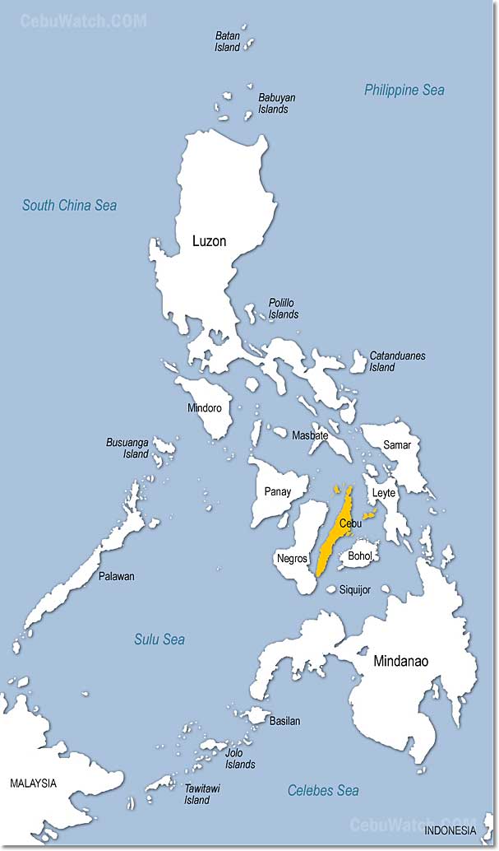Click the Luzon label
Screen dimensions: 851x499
tap(209, 241)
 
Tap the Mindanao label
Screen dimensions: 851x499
tap(400, 661)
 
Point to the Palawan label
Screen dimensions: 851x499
tap(116, 576)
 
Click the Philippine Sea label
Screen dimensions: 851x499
tap(404, 90)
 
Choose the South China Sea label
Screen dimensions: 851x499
tap(69, 205)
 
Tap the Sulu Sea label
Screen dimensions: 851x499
tap(159, 639)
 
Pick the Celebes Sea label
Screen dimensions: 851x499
tap(323, 790)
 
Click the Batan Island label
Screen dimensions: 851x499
tap(228, 41)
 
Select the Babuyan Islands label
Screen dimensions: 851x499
tap(277, 103)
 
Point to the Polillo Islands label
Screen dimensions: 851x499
tap(284, 309)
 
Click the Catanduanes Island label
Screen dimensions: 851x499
tap(397, 361)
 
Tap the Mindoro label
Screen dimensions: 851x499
tap(205, 407)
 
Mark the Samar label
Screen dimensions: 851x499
tap(397, 444)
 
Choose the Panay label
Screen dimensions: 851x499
tap(277, 492)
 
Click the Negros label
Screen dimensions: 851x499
tap(292, 558)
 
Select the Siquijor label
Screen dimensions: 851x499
tap(355, 589)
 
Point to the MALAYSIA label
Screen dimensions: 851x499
tap(33, 783)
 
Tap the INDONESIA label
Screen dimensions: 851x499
tap(450, 830)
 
